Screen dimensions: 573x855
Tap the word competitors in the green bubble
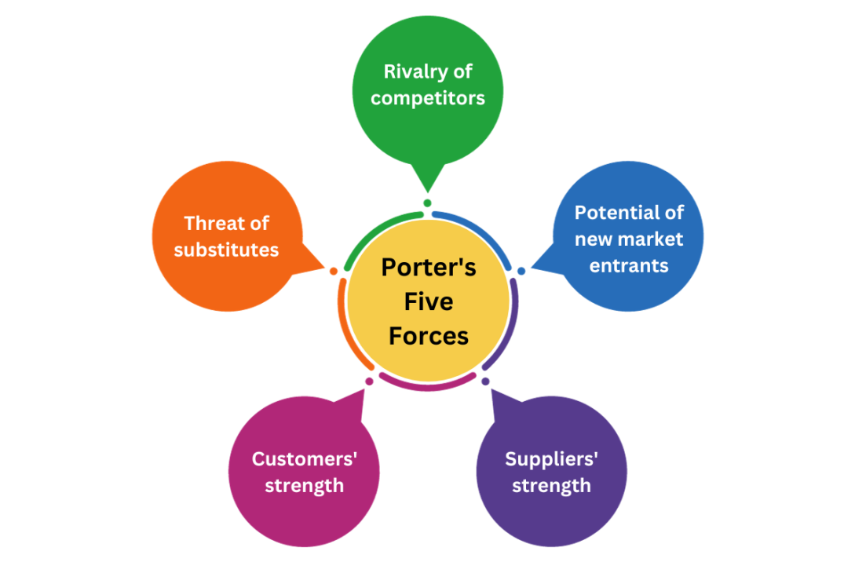click(428, 98)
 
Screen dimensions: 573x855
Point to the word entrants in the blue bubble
click(629, 265)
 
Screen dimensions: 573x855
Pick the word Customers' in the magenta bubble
click(304, 459)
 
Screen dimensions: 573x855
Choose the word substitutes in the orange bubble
click(226, 250)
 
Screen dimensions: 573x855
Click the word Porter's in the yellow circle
click(429, 267)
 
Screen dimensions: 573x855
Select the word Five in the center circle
click(429, 301)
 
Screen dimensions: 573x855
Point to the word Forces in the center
click(429, 336)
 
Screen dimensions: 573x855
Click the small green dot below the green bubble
click(427, 203)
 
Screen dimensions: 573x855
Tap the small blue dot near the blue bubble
click(521, 271)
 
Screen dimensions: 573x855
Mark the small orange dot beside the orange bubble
click(334, 271)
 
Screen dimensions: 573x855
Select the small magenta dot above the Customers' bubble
click(369, 381)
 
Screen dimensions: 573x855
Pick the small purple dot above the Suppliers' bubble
click(485, 381)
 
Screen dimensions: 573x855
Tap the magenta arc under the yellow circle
click(428, 386)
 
